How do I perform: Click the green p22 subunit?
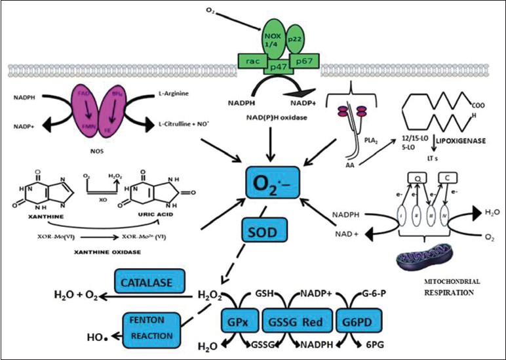pyautogui.click(x=294, y=39)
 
